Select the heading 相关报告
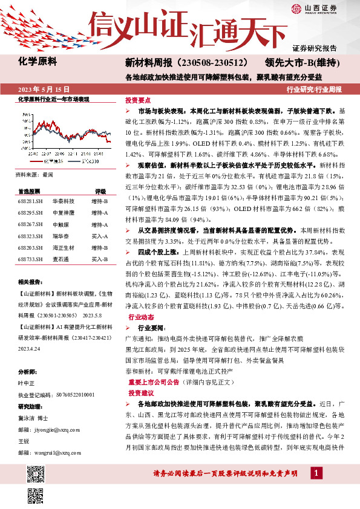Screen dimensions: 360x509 pyautogui.click(x=29, y=282)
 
